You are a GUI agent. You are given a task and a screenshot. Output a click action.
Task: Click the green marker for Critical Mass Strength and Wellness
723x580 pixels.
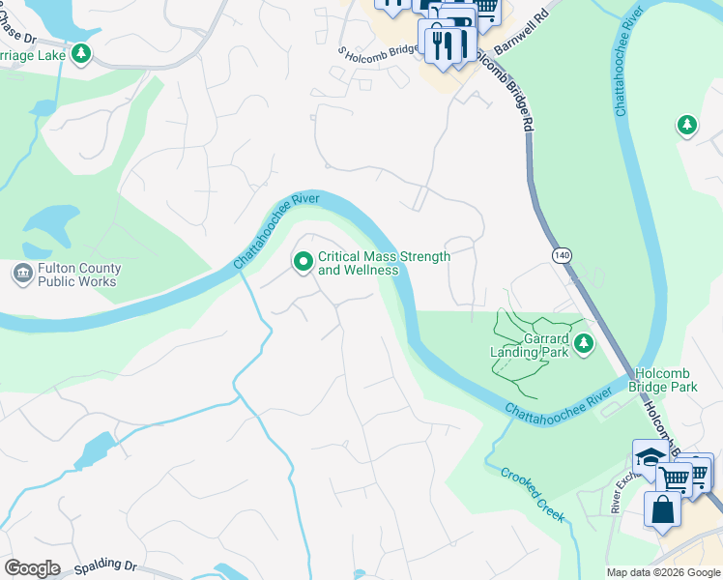click(x=303, y=262)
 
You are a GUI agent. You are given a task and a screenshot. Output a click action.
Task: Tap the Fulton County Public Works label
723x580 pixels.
click(x=78, y=275)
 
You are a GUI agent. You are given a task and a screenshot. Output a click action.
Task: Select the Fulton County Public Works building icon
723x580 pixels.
click(x=21, y=275)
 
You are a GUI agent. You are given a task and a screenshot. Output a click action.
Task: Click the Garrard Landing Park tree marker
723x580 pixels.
click(x=583, y=343)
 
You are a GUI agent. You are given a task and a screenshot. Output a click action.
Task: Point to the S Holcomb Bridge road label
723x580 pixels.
click(x=378, y=51)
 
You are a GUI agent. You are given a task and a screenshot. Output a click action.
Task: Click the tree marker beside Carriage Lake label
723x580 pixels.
click(x=82, y=54)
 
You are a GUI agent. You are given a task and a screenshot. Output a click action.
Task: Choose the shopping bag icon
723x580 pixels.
click(x=663, y=509)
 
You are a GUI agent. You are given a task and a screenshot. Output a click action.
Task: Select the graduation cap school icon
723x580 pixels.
click(x=650, y=457)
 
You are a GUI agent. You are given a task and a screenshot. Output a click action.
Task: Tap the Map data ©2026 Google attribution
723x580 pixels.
click(x=662, y=572)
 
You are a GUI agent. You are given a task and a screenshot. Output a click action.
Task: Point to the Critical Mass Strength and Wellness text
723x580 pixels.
click(x=384, y=263)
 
